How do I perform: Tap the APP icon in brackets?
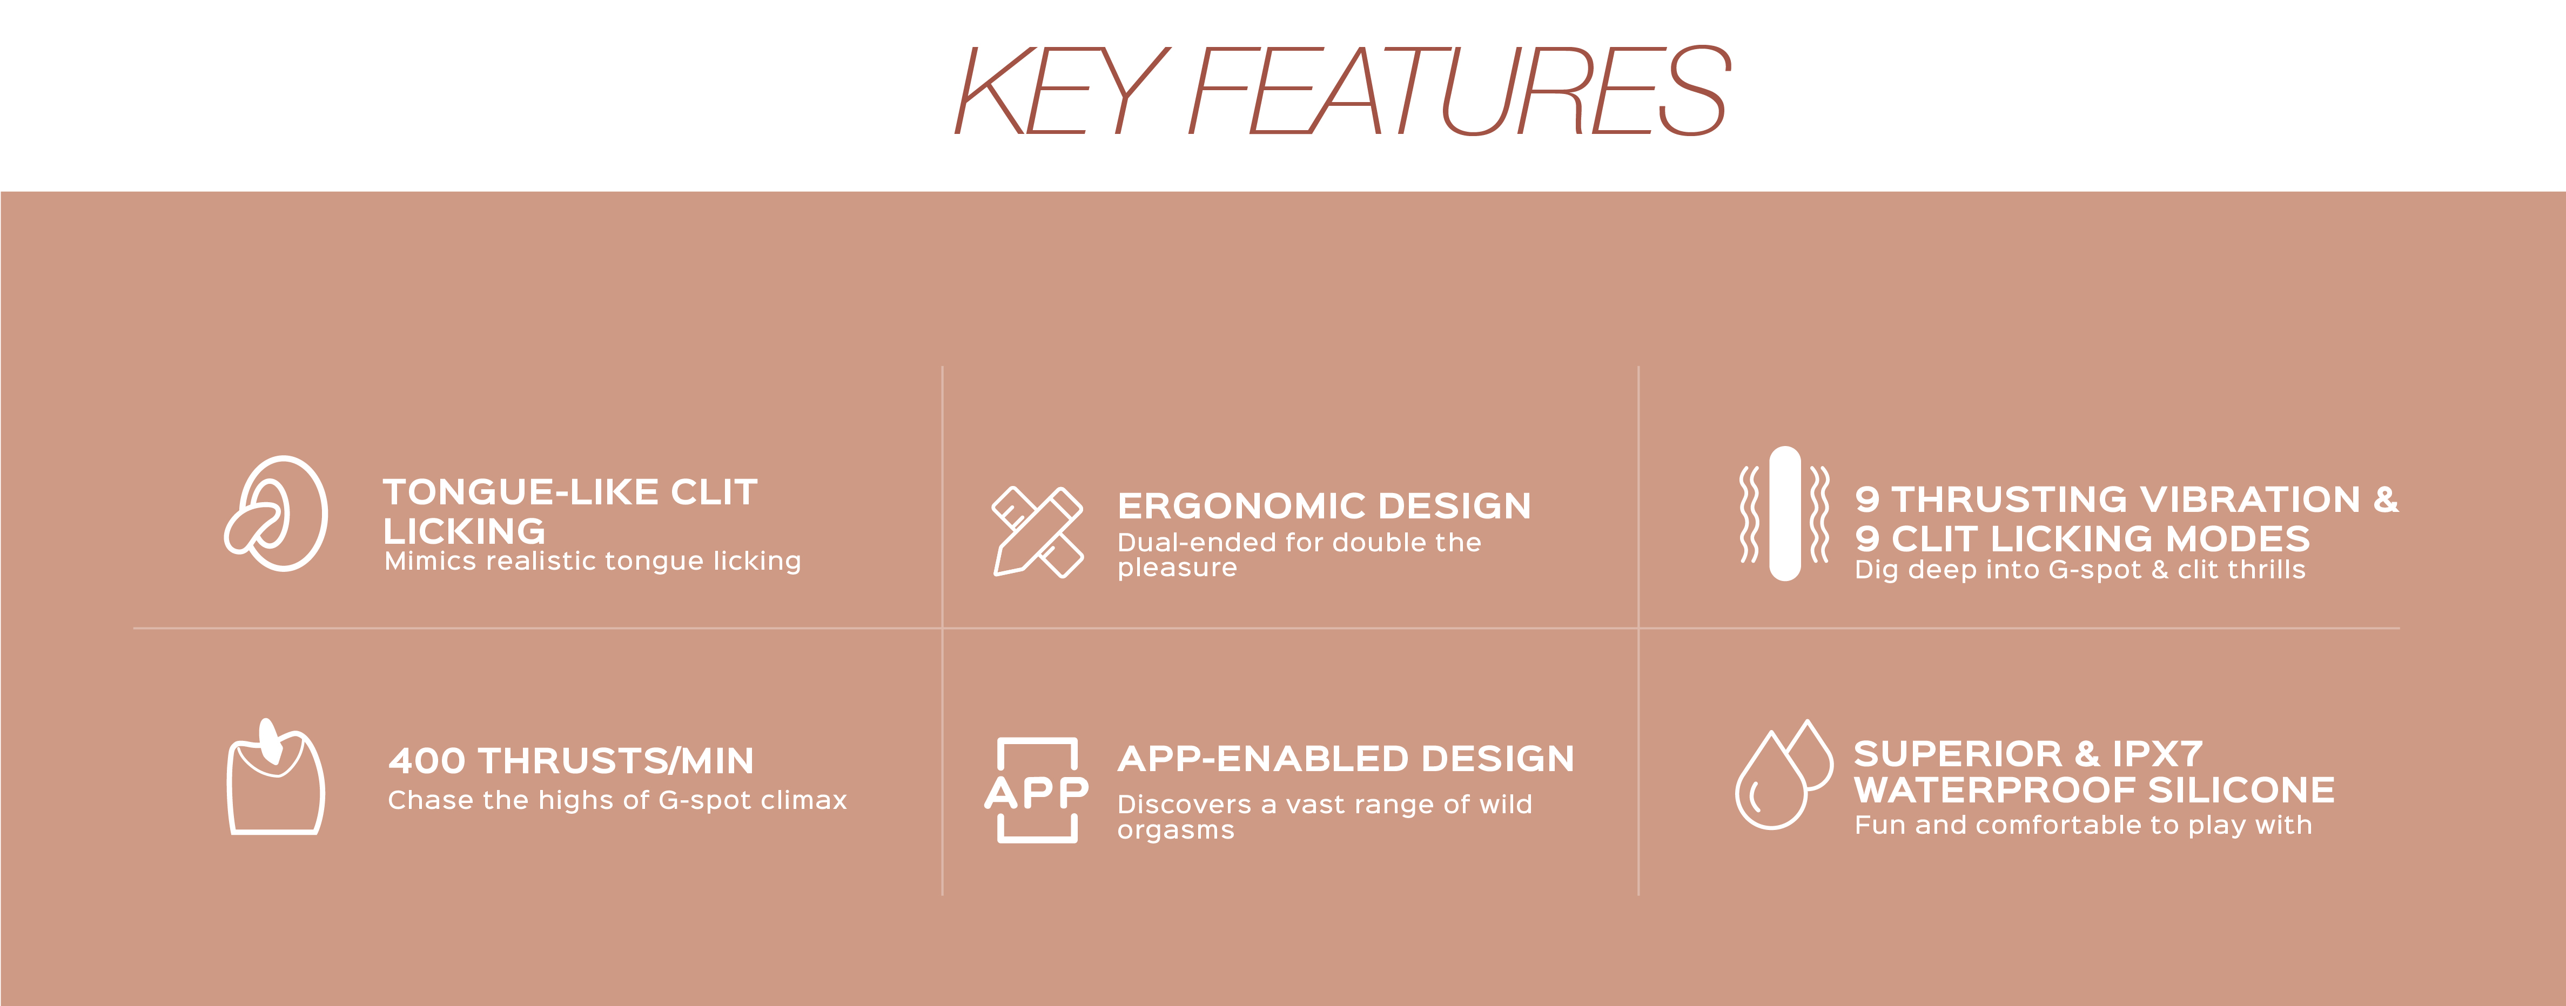click(x=1037, y=791)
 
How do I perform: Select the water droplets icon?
click(x=1783, y=775)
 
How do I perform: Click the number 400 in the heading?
click(x=426, y=761)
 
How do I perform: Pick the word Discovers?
click(x=1184, y=805)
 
